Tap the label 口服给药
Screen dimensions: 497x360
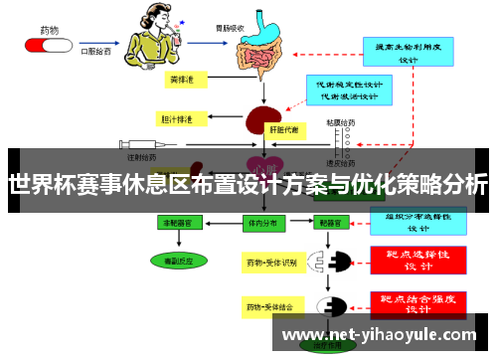pos(94,46)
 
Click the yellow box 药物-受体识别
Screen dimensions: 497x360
pos(271,264)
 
